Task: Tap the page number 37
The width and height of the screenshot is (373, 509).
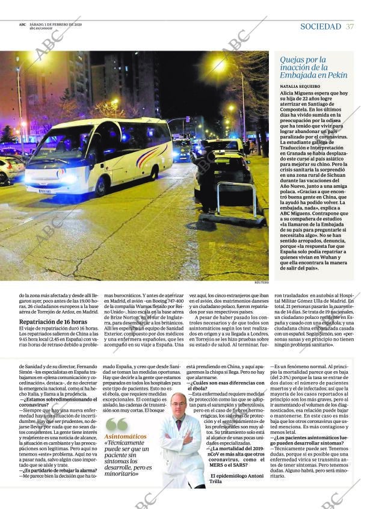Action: point(350,26)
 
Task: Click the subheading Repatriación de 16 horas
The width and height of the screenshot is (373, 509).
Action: point(53,322)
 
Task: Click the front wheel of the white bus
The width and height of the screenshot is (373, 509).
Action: point(100,186)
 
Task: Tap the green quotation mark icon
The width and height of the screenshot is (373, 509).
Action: point(117,424)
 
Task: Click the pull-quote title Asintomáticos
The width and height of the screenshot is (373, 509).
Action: point(125,436)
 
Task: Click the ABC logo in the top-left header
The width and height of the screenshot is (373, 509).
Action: point(22,25)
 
